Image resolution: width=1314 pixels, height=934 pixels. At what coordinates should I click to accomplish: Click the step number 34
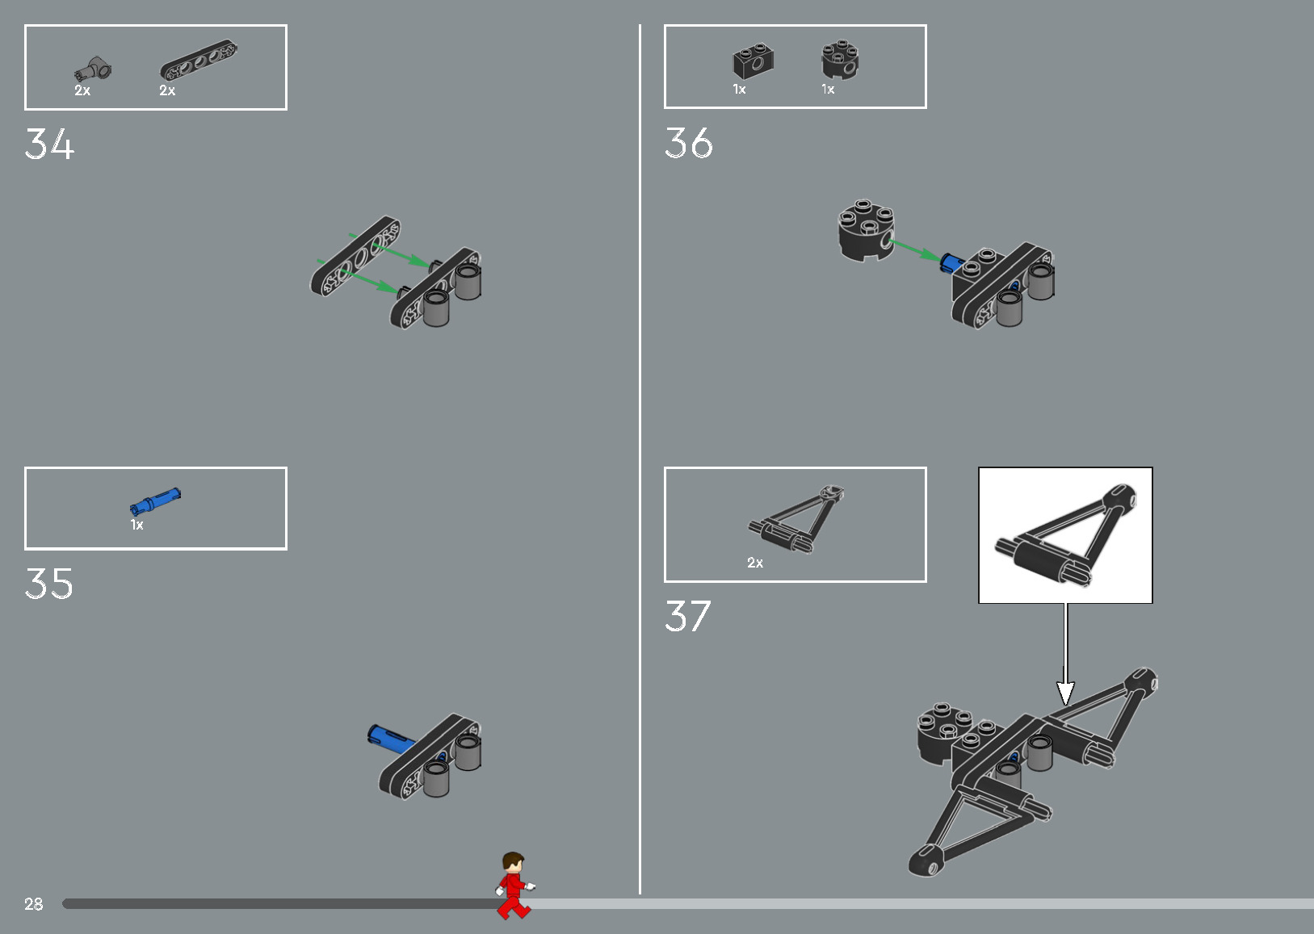click(x=49, y=144)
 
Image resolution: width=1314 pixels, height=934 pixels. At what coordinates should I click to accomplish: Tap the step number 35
click(x=48, y=584)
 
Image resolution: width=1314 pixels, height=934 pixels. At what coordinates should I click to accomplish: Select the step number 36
click(x=689, y=143)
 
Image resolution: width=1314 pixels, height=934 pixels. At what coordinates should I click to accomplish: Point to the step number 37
click(x=687, y=616)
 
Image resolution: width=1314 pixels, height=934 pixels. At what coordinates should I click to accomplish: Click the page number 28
click(x=33, y=903)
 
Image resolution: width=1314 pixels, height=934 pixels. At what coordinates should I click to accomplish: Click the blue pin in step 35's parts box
click(x=155, y=502)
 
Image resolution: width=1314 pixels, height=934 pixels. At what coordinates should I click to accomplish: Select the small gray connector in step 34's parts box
click(x=93, y=69)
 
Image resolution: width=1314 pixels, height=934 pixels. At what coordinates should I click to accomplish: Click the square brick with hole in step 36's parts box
click(x=754, y=61)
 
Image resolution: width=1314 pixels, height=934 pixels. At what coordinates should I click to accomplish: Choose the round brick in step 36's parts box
click(x=840, y=59)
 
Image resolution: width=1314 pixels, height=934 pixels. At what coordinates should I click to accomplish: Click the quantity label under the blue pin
click(x=136, y=524)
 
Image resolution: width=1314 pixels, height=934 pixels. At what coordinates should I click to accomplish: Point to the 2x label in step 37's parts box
click(x=755, y=563)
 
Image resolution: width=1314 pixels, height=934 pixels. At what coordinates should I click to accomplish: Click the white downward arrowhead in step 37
click(x=1065, y=693)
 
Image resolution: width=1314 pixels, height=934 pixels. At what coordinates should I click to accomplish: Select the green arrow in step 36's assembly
click(x=915, y=250)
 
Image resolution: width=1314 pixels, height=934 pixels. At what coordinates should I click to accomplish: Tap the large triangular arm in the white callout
click(x=1065, y=534)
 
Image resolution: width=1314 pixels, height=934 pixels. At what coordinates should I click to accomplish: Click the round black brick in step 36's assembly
click(x=866, y=229)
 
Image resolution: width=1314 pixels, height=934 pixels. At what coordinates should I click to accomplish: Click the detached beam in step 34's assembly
click(x=355, y=256)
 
